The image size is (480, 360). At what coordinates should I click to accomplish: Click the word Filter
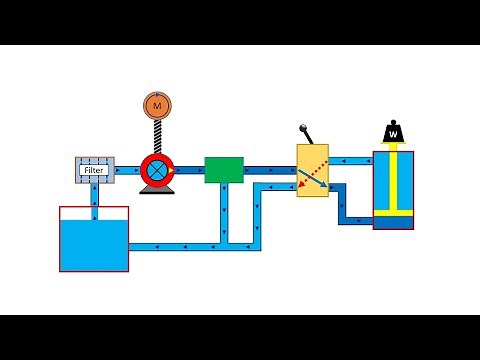click(94, 170)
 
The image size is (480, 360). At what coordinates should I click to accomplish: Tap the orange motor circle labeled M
click(157, 103)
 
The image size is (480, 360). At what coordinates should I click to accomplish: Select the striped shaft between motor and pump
click(157, 135)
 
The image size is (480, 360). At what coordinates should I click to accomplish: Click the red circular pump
click(157, 170)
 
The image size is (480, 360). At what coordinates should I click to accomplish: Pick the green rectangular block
click(224, 169)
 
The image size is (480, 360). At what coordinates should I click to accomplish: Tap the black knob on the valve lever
click(303, 128)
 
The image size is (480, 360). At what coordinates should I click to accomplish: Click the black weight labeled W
click(393, 133)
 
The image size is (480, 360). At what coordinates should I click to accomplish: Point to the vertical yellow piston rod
click(393, 175)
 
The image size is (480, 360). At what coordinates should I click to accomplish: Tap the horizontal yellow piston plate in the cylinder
click(393, 212)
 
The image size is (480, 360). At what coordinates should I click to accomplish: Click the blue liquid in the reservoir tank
click(94, 245)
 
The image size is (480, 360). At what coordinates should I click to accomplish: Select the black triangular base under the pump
click(157, 189)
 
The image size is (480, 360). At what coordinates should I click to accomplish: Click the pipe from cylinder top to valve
click(350, 160)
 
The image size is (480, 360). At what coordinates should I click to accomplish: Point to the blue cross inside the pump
click(156, 170)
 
